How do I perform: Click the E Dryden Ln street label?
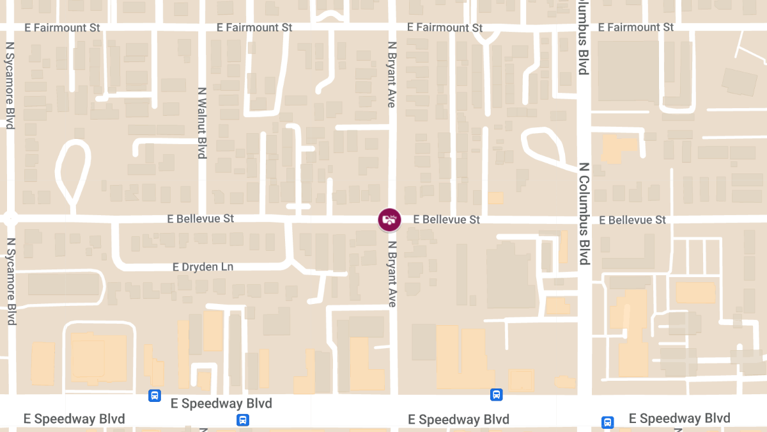(x=203, y=267)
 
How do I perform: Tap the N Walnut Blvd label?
(x=201, y=123)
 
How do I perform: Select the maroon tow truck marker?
(x=389, y=220)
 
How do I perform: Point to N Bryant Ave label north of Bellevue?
(x=392, y=74)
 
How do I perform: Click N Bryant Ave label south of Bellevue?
(x=392, y=273)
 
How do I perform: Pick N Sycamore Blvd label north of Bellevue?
(x=10, y=86)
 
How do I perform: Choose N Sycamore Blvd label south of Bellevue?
(x=11, y=282)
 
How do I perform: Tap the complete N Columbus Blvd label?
(x=583, y=213)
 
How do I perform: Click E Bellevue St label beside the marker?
(x=446, y=220)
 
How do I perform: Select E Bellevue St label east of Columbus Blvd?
(x=633, y=220)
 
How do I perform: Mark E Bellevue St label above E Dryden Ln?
(x=201, y=219)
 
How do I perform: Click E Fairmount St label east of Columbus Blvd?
(x=636, y=28)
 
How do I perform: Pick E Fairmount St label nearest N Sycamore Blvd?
(x=63, y=28)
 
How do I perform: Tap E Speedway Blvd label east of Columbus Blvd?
(x=679, y=419)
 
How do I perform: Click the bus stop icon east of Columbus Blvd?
(x=607, y=422)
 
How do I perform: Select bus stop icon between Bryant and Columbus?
(x=496, y=394)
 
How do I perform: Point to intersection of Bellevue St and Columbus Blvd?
(x=584, y=220)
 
